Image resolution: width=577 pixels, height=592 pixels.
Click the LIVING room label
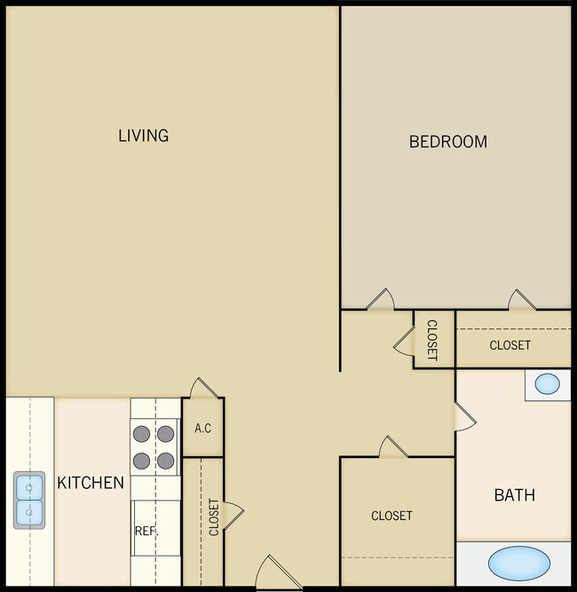[x=143, y=136]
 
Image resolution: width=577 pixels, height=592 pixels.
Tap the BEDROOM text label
[x=447, y=141]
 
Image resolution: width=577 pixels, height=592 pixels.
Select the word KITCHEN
[x=91, y=483]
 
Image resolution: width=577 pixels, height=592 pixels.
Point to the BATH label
[x=514, y=494]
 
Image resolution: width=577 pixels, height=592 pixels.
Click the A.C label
[x=202, y=429]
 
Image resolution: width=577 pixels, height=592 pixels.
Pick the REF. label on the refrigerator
[x=146, y=531]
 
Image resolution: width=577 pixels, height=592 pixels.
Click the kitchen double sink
[x=28, y=500]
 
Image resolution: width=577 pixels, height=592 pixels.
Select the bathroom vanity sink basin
[x=548, y=384]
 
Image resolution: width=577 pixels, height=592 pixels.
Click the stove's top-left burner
[x=142, y=434]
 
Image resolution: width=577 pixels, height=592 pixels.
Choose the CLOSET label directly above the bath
[x=510, y=345]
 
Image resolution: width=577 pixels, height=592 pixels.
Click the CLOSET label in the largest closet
[x=391, y=516]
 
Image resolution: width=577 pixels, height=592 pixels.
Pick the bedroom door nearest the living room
[x=380, y=299]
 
